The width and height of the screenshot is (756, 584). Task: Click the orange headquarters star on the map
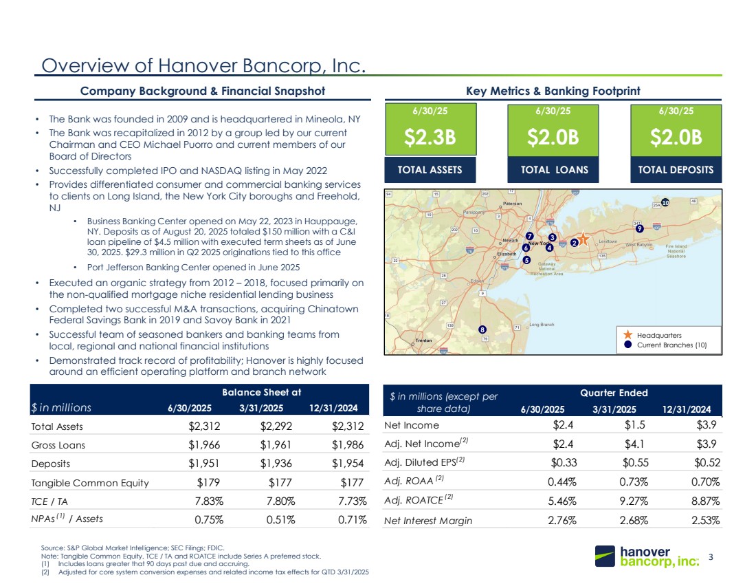pos(583,239)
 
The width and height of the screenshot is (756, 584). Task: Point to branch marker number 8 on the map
pos(483,329)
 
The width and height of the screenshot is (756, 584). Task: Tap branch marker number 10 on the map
pos(665,202)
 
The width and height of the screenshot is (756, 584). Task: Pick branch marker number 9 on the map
pos(639,228)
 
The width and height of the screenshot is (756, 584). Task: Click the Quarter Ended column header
pos(614,393)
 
